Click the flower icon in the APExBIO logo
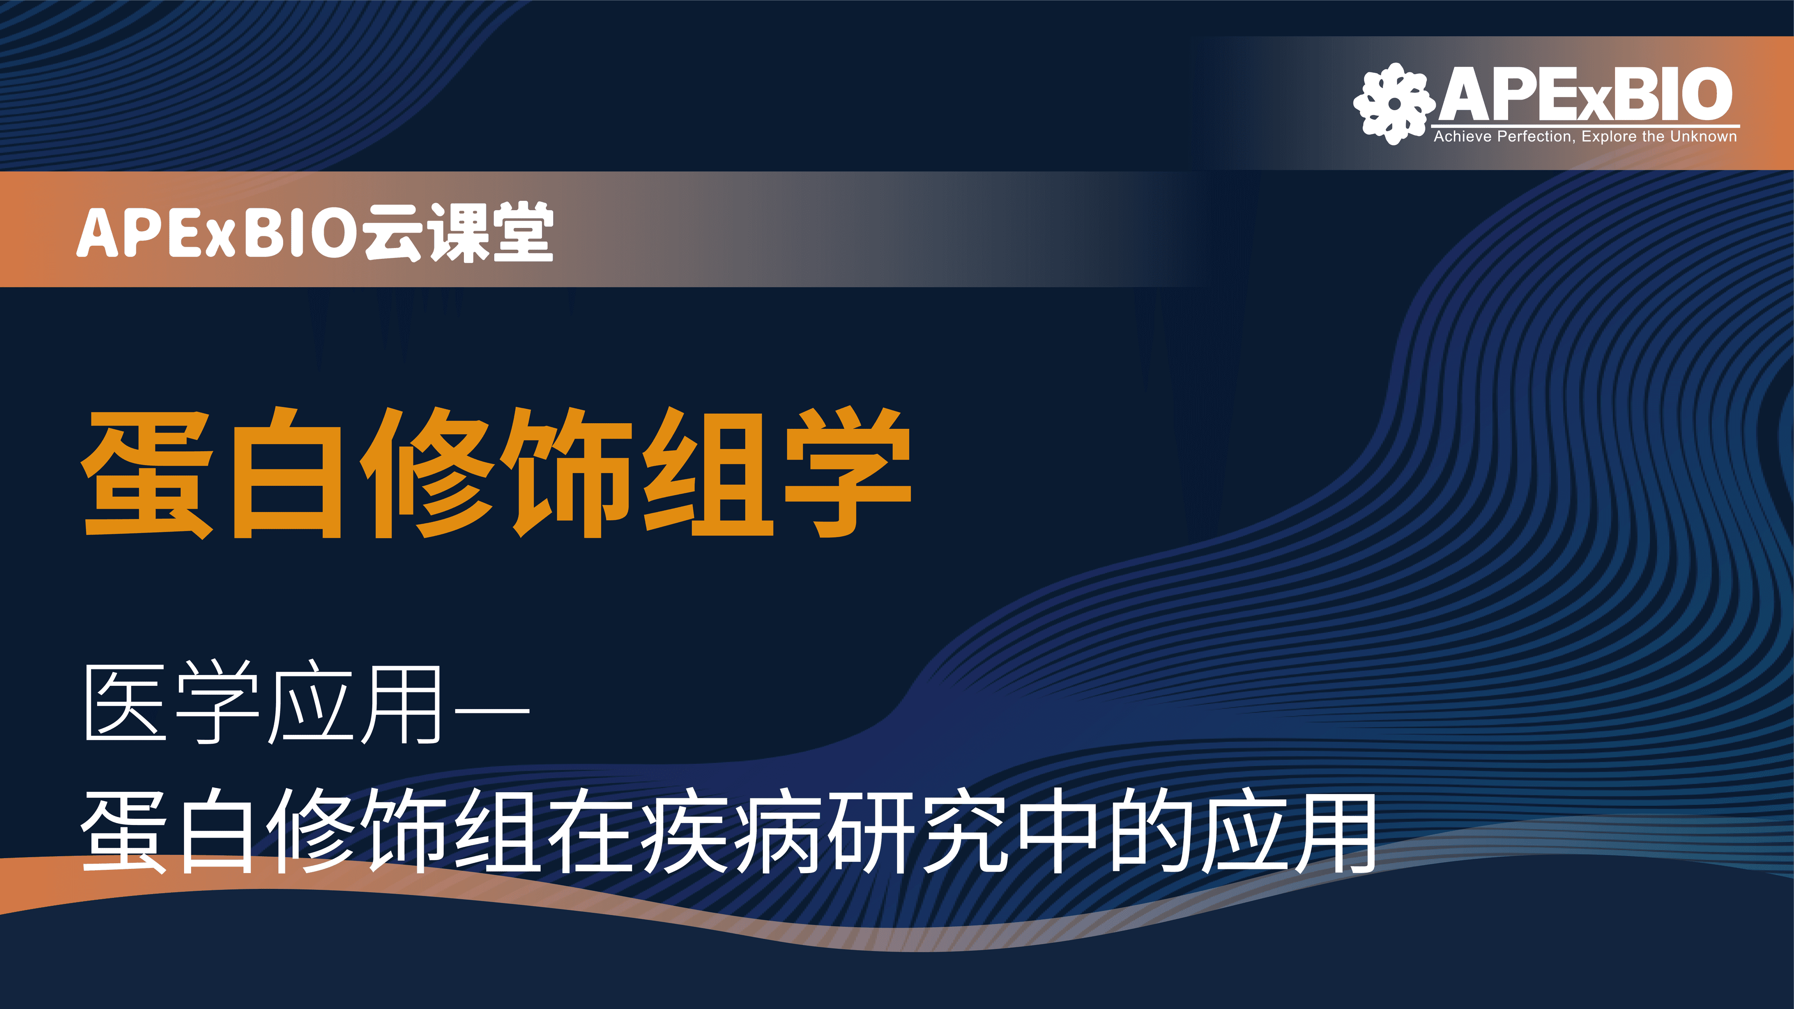(x=1394, y=104)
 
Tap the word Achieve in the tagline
(x=1463, y=136)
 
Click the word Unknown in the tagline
(x=1703, y=136)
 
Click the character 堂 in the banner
(x=522, y=232)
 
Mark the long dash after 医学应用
(x=491, y=710)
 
